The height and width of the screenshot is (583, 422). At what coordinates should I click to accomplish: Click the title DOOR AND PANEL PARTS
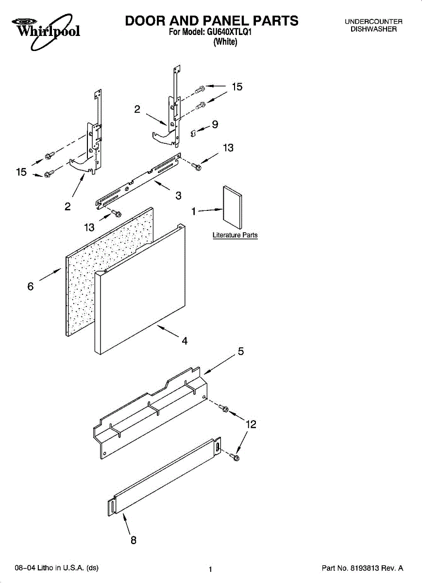(x=211, y=21)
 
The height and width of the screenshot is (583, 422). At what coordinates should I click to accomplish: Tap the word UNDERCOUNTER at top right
(x=373, y=22)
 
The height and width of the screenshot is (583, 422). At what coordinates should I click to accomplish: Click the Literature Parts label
(x=235, y=235)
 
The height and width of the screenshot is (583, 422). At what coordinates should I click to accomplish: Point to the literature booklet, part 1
(x=233, y=207)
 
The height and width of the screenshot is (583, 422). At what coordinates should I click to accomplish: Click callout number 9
(x=215, y=124)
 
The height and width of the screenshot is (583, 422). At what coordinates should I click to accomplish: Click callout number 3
(x=178, y=195)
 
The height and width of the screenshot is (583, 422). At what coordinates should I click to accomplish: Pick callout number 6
(x=31, y=287)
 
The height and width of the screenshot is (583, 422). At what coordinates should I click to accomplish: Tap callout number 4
(x=185, y=341)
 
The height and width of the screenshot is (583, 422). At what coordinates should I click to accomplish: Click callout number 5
(x=240, y=351)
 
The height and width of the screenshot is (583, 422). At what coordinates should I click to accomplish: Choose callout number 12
(x=251, y=424)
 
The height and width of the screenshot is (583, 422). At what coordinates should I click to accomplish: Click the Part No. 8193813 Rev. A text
(x=363, y=567)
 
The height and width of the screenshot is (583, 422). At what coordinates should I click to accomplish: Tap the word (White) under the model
(x=225, y=42)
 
